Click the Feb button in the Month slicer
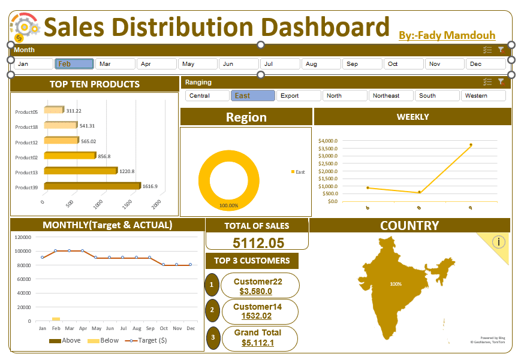click(x=74, y=63)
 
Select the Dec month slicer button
click(x=486, y=63)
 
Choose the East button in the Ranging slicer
click(x=252, y=95)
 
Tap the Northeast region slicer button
click(x=391, y=95)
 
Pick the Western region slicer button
click(x=483, y=95)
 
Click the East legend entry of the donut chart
click(x=298, y=172)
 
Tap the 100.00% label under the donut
click(x=228, y=205)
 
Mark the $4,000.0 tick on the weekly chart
click(x=328, y=141)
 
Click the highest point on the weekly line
click(x=471, y=144)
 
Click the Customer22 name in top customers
click(x=258, y=282)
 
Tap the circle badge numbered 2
click(x=211, y=310)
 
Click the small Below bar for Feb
click(x=56, y=319)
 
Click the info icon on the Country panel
click(x=499, y=242)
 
